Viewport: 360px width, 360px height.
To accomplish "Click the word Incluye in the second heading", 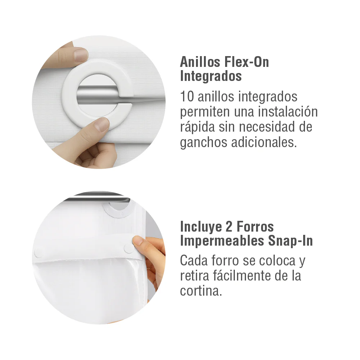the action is coord(201,227).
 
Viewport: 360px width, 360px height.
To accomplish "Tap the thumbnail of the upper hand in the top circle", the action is coord(80,55).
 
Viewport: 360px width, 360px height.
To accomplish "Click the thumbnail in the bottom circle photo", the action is coord(138,241).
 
